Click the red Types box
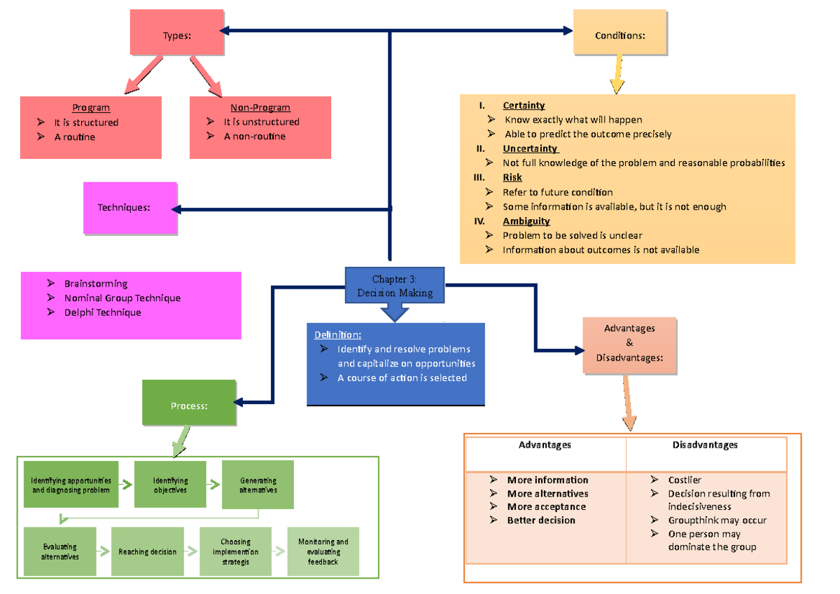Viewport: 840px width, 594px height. point(176,32)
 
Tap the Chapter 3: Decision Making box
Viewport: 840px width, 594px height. point(395,286)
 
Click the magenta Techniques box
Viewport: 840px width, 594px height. point(130,207)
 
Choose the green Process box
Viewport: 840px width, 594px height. point(189,403)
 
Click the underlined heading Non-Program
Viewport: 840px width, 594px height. point(260,107)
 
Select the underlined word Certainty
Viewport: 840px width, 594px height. point(524,105)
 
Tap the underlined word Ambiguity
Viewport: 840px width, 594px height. point(526,221)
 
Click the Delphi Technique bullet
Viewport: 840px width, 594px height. point(102,312)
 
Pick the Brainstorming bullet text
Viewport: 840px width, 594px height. point(96,284)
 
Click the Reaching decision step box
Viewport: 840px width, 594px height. point(147,552)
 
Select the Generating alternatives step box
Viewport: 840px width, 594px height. point(258,485)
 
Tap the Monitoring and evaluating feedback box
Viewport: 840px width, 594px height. point(323,552)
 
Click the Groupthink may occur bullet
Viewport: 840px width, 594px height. point(717,520)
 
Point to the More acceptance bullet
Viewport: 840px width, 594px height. point(546,506)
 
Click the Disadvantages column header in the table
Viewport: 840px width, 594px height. point(705,445)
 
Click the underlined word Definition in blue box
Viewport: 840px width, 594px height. point(337,335)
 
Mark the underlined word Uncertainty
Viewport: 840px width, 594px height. point(530,148)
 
